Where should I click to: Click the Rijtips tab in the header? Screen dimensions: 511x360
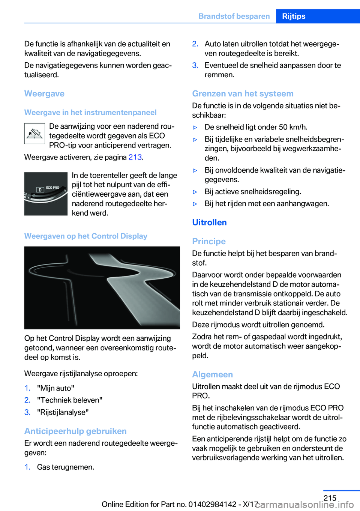[x=294, y=16]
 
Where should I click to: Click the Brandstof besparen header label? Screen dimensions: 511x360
[x=234, y=16]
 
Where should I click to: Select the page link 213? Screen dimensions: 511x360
[x=135, y=157]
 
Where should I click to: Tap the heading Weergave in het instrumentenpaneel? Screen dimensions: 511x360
[x=90, y=113]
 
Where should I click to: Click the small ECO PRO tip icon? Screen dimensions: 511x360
[x=34, y=134]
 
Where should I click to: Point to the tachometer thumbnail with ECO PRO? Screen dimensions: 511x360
[x=46, y=194]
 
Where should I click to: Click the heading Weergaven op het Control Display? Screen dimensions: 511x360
[x=86, y=236]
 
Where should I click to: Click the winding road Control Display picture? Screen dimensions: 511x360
[x=102, y=288]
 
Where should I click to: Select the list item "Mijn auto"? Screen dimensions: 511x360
[x=55, y=388]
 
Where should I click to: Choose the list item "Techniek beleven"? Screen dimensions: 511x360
[x=70, y=400]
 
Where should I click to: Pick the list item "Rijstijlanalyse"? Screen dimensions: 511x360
[x=63, y=412]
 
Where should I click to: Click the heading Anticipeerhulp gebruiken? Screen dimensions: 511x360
[x=75, y=431]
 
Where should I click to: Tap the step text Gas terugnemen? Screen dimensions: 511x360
[x=66, y=467]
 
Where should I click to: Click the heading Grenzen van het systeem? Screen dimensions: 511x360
[x=243, y=94]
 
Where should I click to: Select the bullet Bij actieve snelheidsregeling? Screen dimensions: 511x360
[x=253, y=192]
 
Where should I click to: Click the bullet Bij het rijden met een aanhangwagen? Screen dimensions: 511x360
[x=267, y=204]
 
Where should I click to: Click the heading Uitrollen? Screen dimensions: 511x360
[x=209, y=222]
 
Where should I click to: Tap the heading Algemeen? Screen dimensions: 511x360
[x=212, y=374]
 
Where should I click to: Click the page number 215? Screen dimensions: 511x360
[x=330, y=498]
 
